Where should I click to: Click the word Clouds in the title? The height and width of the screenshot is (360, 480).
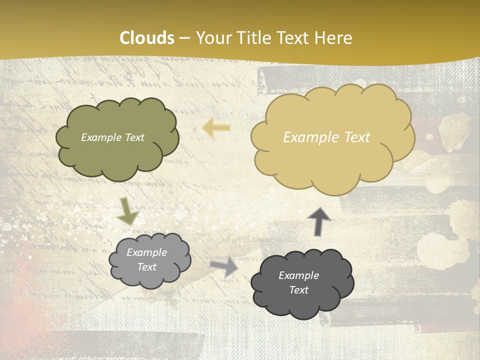[147, 38]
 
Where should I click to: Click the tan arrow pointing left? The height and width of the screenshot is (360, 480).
[216, 128]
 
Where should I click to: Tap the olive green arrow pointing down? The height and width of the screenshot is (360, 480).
[127, 212]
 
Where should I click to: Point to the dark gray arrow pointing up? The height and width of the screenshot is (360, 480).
[319, 220]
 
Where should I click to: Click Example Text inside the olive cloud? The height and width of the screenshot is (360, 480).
[112, 137]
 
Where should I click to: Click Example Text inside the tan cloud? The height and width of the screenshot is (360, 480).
[326, 137]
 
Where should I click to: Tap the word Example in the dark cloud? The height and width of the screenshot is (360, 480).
[298, 275]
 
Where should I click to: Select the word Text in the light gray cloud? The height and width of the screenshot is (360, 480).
[147, 267]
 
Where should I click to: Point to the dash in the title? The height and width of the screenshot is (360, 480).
[184, 38]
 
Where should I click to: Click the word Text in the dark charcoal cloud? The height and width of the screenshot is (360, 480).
[298, 290]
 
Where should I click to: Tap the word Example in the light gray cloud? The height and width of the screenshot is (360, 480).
[147, 252]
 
